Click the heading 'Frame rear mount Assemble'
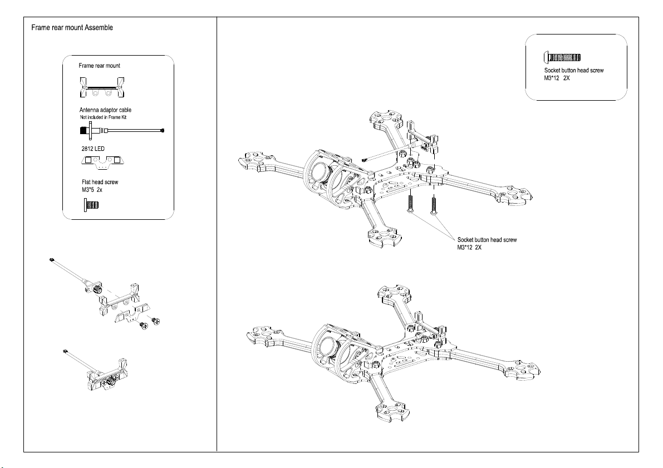coord(73,27)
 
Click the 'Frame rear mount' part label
coord(100,66)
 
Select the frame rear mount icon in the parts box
coord(101,88)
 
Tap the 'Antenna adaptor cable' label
coord(105,110)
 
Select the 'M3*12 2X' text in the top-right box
coord(557,78)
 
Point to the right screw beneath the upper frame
coord(433,204)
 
